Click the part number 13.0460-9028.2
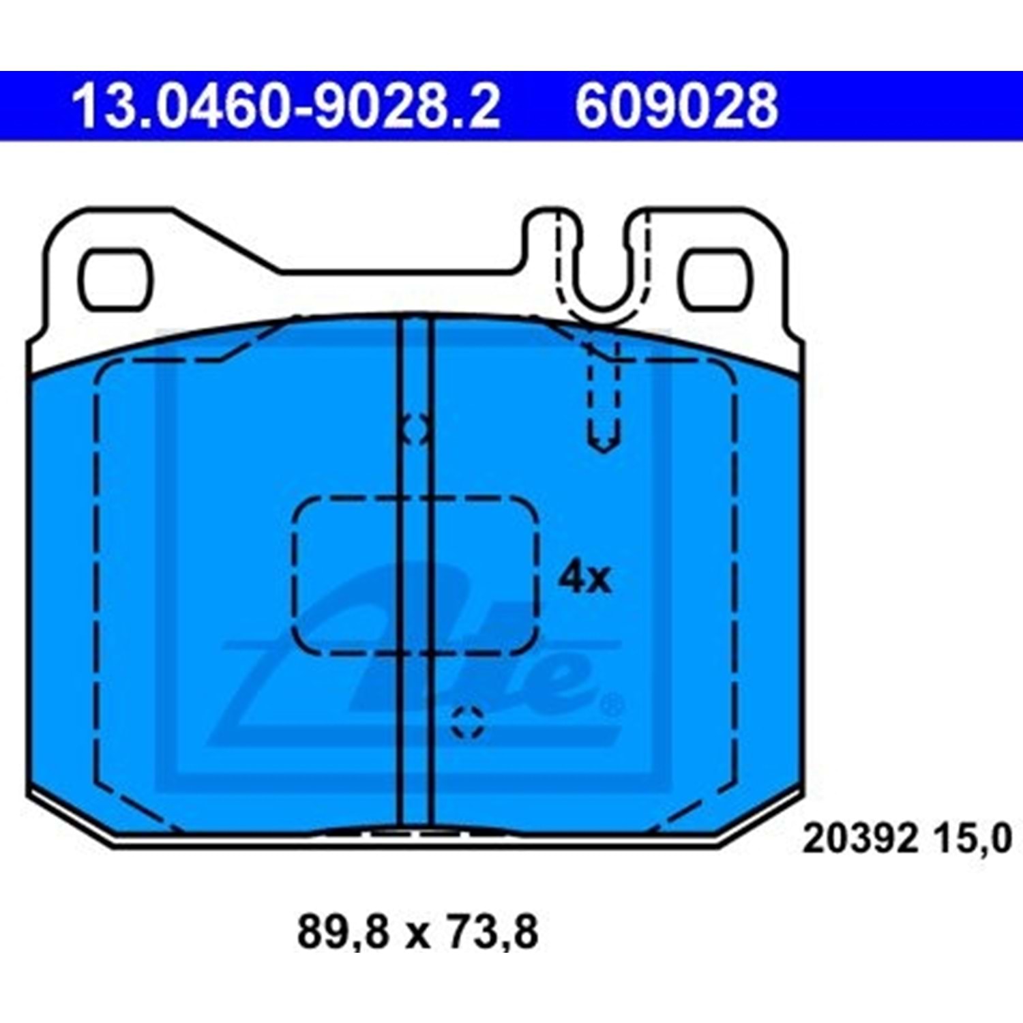tap(286, 106)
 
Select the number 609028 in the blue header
tap(676, 106)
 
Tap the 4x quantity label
tap(585, 578)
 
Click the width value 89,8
tap(343, 932)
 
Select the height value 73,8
tap(492, 932)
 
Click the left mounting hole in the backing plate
tap(115, 280)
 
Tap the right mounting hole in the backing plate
tap(714, 280)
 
